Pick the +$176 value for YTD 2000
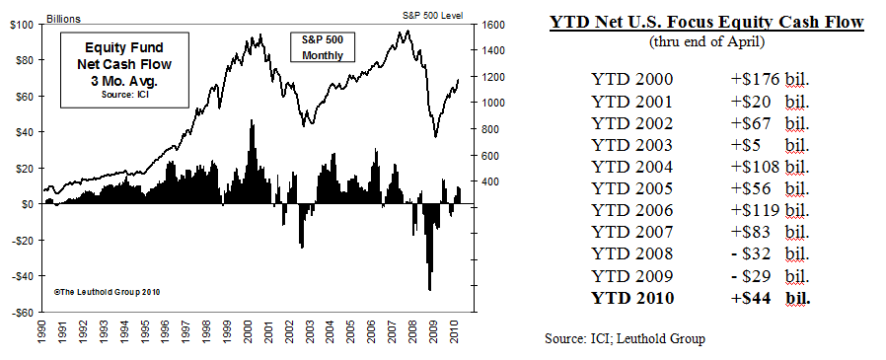pyautogui.click(x=748, y=78)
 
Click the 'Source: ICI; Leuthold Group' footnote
pyautogui.click(x=625, y=338)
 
